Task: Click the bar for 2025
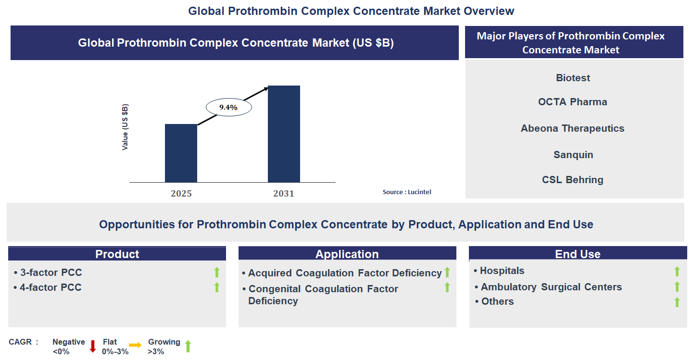coord(181,153)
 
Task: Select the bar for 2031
coord(284,134)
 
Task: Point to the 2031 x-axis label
coord(284,194)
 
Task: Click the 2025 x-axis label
coord(181,194)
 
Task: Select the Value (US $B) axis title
coord(125,127)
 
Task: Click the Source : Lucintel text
coord(407,192)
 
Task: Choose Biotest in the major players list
coord(573,78)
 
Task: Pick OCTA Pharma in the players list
coord(572,102)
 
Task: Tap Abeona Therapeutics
coord(572,128)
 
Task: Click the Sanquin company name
coord(573,155)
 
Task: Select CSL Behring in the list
coord(572,180)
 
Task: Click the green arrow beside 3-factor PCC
coord(216,273)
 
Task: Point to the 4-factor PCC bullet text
coord(50,287)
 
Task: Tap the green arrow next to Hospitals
coord(677,272)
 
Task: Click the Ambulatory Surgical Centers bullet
coord(551,287)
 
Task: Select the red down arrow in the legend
coord(93,346)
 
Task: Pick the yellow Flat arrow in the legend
coord(135,345)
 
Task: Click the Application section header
coord(347,254)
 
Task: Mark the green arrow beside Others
coord(677,302)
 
